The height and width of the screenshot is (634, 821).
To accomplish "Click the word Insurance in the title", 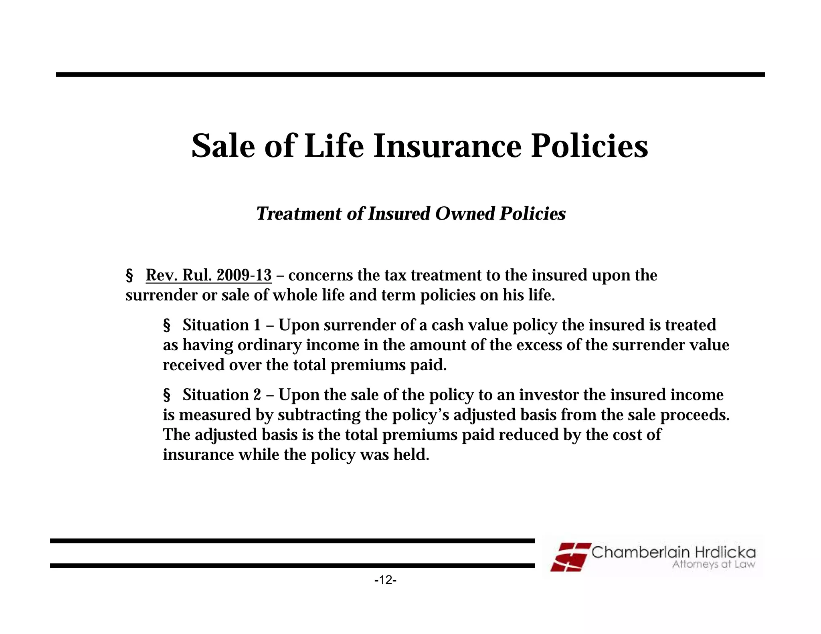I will click(447, 146).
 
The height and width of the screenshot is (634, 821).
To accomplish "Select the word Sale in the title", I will click(223, 146).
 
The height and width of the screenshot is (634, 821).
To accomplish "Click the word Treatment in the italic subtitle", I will click(299, 214).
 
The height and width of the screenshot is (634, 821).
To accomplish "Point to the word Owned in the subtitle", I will click(465, 214).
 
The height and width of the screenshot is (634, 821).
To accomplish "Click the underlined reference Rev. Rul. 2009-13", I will click(208, 276).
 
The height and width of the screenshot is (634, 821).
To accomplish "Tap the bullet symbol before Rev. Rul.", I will click(129, 276).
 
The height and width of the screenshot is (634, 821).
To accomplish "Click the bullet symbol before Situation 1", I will click(167, 325).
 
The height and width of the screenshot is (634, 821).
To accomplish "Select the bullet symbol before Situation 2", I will click(167, 395).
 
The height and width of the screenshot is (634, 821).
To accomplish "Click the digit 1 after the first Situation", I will click(257, 325).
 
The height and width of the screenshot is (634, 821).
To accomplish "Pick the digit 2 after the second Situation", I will click(257, 395).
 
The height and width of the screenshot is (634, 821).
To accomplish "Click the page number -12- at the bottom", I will click(385, 580).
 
